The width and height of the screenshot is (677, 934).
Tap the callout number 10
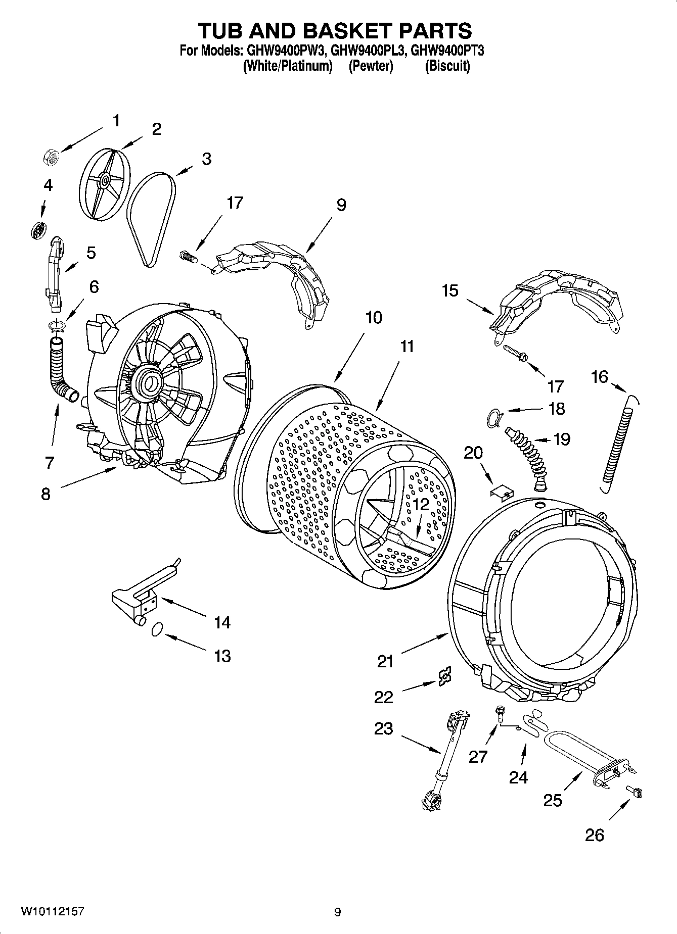374,318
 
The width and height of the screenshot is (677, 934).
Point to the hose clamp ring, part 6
57,326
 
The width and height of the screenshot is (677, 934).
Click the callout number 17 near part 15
556,386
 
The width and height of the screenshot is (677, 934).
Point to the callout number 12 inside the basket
420,504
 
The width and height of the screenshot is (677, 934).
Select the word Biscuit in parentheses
447,66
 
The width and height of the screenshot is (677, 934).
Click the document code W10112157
52,912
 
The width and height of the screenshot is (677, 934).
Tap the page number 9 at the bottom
337,912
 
